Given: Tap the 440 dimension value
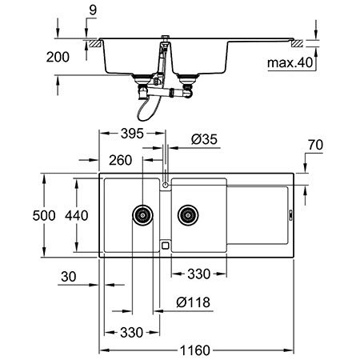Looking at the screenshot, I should click(x=77, y=214).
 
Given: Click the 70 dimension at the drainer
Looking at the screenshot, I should click(x=315, y=146).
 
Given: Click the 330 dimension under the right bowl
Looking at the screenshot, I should click(x=198, y=274).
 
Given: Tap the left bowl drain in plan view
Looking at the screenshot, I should click(x=142, y=214).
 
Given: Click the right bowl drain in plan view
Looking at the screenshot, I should click(x=188, y=214).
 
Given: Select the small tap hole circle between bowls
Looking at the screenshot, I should click(x=165, y=185).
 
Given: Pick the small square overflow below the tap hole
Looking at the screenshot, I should click(x=165, y=246).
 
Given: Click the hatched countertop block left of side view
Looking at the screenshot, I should click(x=93, y=40).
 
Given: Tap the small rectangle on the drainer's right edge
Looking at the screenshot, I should click(x=290, y=214).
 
